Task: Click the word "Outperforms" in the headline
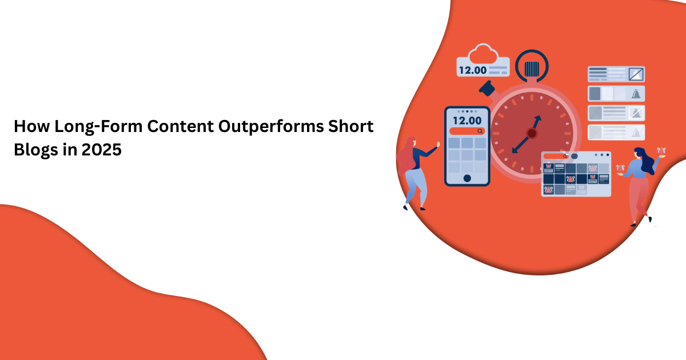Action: pyautogui.click(x=271, y=126)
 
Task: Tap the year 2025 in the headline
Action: pyautogui.click(x=101, y=150)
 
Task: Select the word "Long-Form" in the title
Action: pyautogui.click(x=98, y=127)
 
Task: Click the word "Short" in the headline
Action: pyautogui.click(x=351, y=126)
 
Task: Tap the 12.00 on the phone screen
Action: pyautogui.click(x=467, y=121)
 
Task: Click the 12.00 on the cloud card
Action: pyautogui.click(x=473, y=70)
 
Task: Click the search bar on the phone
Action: pyautogui.click(x=467, y=131)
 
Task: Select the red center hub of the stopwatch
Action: pyautogui.click(x=532, y=133)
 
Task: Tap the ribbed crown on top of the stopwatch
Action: pyautogui.click(x=532, y=69)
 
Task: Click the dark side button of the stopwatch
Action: pyautogui.click(x=487, y=88)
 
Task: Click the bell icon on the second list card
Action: pyautogui.click(x=636, y=94)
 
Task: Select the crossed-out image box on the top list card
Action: pyautogui.click(x=636, y=74)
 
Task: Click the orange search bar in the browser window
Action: pyautogui.click(x=556, y=156)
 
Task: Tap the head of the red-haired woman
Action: pyautogui.click(x=411, y=143)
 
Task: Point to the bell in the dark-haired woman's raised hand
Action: pyautogui.click(x=661, y=151)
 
